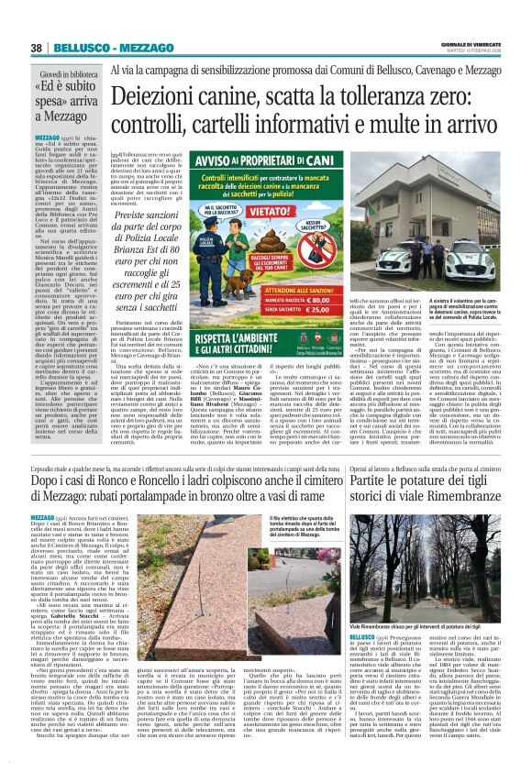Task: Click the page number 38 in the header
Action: pyautogui.click(x=37, y=48)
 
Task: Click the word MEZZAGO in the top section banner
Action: pyautogui.click(x=123, y=48)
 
